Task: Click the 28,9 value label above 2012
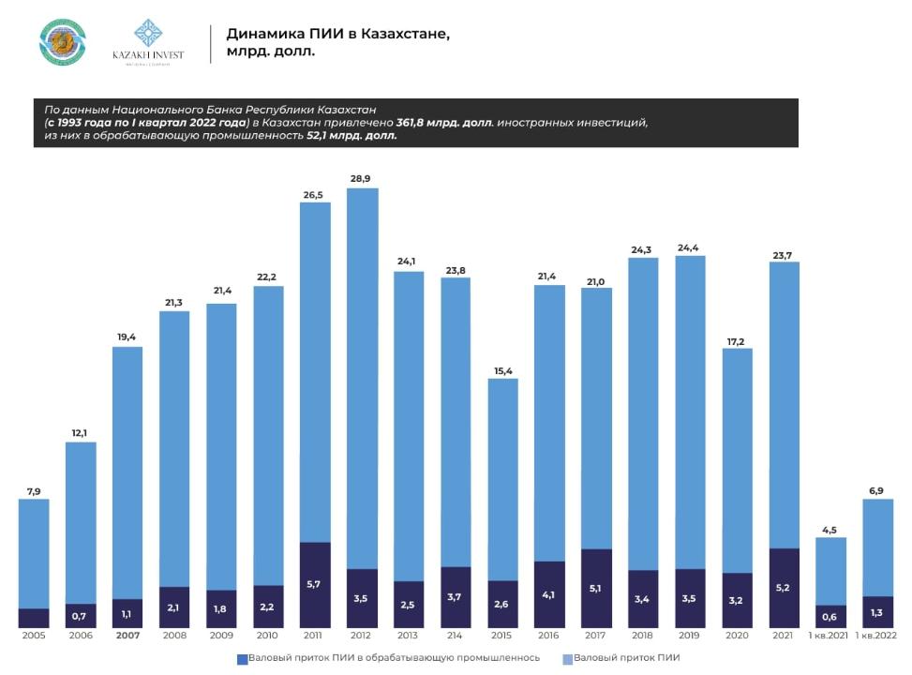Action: (362, 177)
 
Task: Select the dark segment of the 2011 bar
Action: (315, 584)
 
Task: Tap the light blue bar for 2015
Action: (502, 478)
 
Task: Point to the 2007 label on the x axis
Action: (127, 637)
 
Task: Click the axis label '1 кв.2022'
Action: (877, 637)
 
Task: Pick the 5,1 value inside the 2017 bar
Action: (596, 589)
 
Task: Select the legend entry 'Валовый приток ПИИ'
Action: (614, 658)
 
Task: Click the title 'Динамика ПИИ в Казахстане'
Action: (337, 34)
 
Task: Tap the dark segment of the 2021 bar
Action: (784, 588)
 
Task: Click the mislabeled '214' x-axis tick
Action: (456, 637)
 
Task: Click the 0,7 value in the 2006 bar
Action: (81, 616)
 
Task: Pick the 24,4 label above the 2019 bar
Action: (690, 246)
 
